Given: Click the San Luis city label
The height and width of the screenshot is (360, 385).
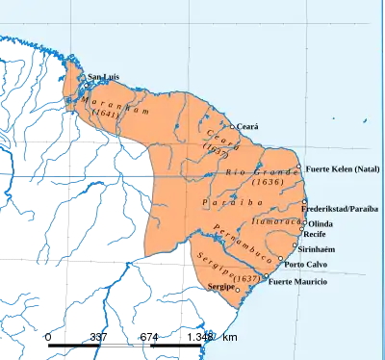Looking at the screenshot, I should click(x=105, y=76).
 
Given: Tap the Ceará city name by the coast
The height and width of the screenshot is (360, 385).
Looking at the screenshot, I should click(x=249, y=126).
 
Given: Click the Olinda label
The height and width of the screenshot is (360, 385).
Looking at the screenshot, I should click(x=321, y=223).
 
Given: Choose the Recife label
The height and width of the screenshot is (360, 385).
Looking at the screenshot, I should click(x=316, y=234).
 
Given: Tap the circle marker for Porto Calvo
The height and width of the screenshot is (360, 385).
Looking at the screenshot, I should click(x=280, y=261).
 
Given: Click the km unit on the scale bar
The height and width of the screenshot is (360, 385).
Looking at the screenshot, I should click(x=229, y=336).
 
